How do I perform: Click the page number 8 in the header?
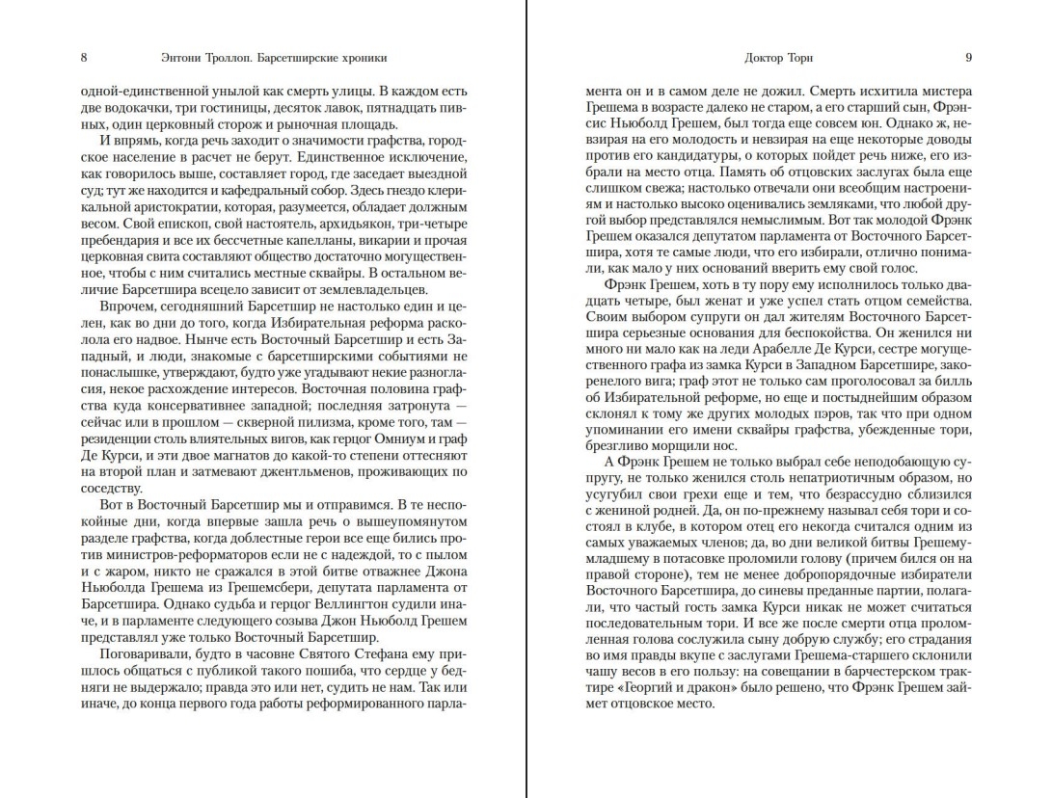click(84, 58)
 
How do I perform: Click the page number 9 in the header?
click(968, 58)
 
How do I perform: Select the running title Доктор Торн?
click(779, 58)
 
